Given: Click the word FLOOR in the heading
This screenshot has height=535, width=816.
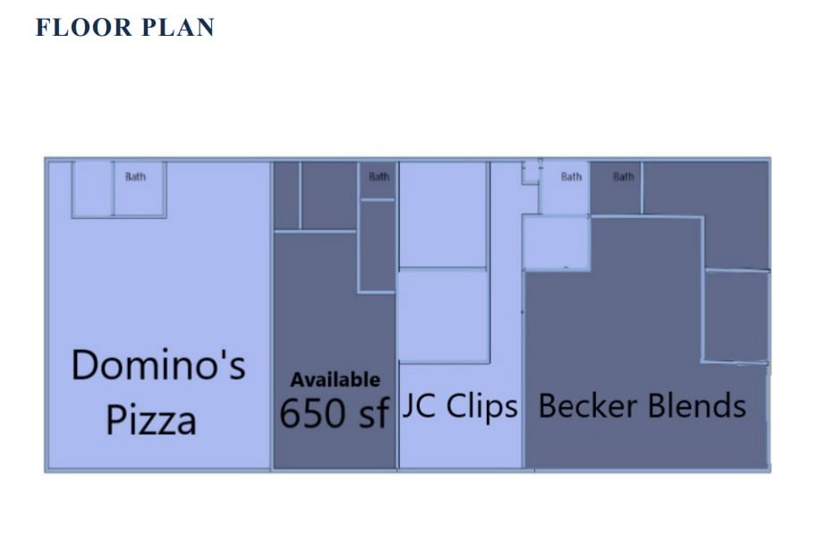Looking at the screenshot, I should coord(71,28).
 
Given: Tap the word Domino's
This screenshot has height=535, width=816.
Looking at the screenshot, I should coord(158,366).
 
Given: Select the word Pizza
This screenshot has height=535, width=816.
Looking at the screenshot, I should coord(151,420).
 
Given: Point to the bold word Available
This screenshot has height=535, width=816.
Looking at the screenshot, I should coord(335,380).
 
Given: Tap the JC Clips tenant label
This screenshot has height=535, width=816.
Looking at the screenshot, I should coord(460,407).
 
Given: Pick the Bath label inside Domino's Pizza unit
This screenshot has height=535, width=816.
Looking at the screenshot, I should coord(135,176).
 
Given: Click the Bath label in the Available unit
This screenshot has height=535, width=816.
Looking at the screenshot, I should coord(379,176).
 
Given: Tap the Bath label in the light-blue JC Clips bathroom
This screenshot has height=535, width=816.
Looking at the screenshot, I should coord(571,177).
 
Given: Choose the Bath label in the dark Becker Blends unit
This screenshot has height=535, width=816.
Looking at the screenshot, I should coord(624,177).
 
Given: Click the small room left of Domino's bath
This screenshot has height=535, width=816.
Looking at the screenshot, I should coord(91,189).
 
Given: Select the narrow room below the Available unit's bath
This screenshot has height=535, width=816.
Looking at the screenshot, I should coord(377,245).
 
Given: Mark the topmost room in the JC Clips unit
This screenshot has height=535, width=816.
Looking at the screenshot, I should coord(443,215).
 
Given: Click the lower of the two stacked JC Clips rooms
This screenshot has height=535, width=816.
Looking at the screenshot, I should coord(443,317).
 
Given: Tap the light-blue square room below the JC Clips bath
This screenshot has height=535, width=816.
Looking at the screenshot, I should coord(556,242).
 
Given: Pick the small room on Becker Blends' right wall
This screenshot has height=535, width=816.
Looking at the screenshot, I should coord(735,315).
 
